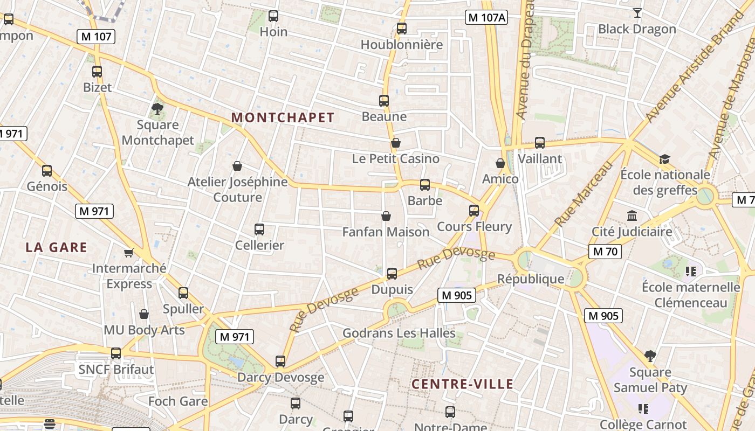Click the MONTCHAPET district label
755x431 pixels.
pyautogui.click(x=283, y=117)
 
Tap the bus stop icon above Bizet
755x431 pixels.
pyautogui.click(x=97, y=72)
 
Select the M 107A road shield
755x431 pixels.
pyautogui.click(x=486, y=17)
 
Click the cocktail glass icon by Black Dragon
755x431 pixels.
pyautogui.click(x=637, y=13)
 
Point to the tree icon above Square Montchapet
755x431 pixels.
pyautogui.click(x=157, y=109)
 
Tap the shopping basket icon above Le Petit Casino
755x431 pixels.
pyautogui.click(x=396, y=143)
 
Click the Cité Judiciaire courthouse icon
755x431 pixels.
pyautogui.click(x=632, y=216)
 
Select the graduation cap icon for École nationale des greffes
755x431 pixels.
pyautogui.click(x=664, y=159)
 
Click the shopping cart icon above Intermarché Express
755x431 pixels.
pyautogui.click(x=128, y=253)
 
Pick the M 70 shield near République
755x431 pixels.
pyautogui.click(x=605, y=251)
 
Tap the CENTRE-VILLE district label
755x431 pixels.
pyautogui.click(x=462, y=384)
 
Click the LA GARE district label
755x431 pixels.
pyautogui.click(x=57, y=247)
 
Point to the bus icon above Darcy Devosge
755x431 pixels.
pyautogui.click(x=280, y=362)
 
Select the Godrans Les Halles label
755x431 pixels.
pyautogui.click(x=399, y=333)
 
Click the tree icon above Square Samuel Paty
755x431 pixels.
pyautogui.click(x=650, y=356)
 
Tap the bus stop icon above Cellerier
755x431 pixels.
pyautogui.click(x=259, y=230)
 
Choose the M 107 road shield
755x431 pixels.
pyautogui.click(x=97, y=37)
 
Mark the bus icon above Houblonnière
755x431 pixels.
pyautogui.click(x=402, y=29)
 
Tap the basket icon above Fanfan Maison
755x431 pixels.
pyautogui.click(x=386, y=216)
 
